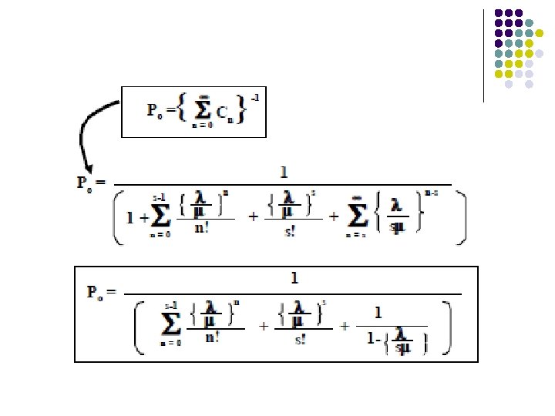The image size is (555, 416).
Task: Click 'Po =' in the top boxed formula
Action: point(159,109)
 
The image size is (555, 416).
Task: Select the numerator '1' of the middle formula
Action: point(284,172)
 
